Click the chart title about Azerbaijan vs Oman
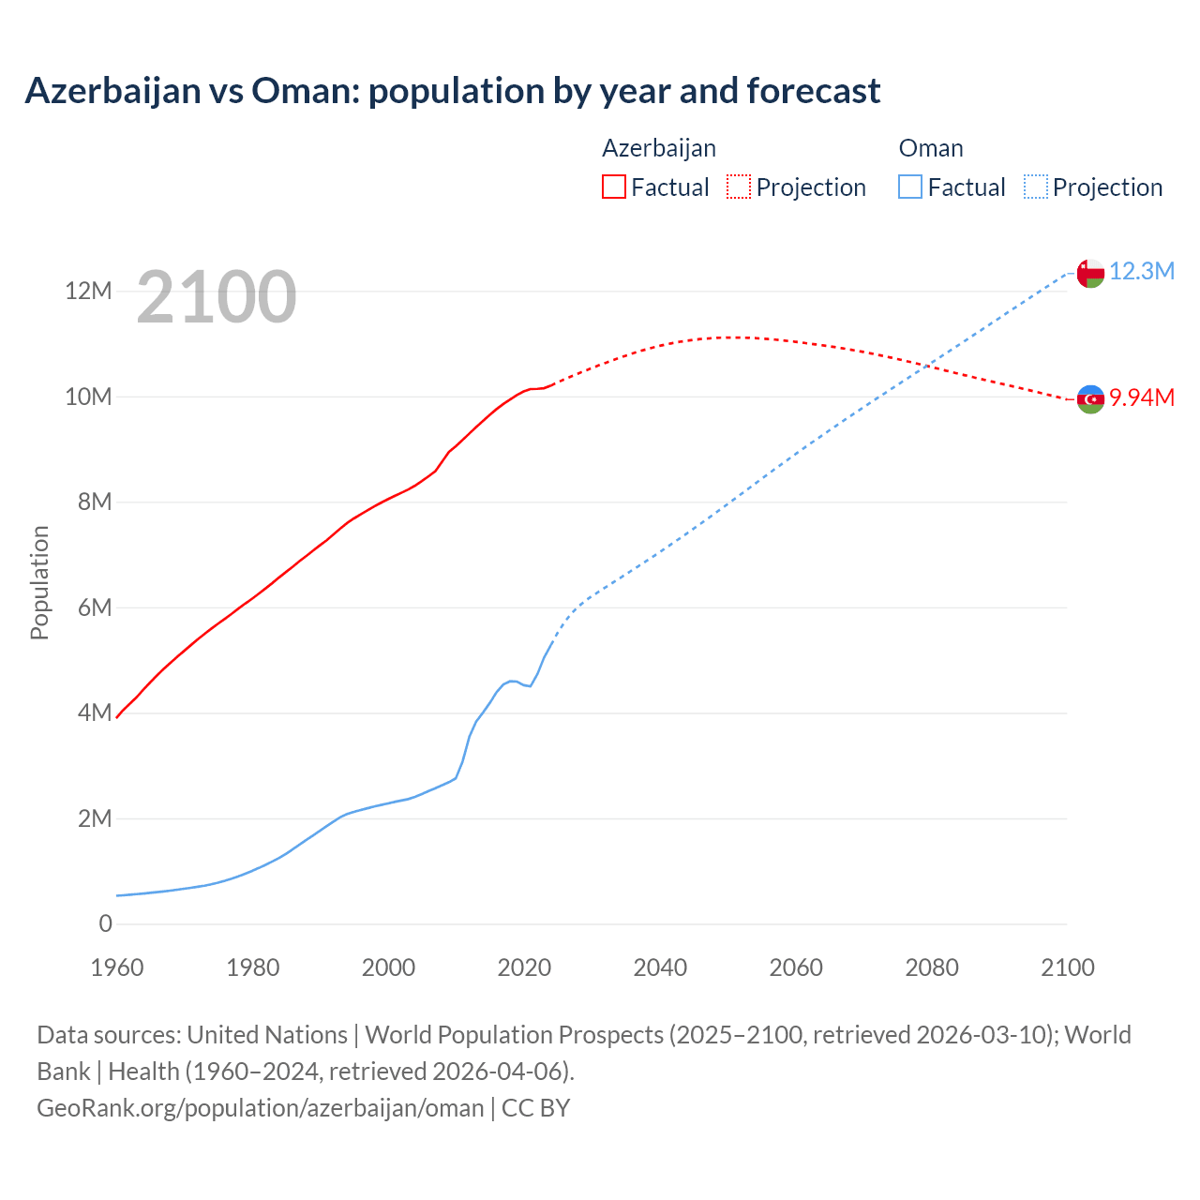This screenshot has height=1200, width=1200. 452,91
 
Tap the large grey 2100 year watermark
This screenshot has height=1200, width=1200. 217,297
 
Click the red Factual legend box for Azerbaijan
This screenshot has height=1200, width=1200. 613,187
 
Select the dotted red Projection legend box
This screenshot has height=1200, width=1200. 739,187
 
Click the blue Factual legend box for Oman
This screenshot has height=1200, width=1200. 909,187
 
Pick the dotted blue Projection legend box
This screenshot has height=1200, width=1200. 1036,187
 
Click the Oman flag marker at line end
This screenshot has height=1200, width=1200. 1089,273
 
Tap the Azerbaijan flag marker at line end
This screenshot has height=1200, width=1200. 1089,399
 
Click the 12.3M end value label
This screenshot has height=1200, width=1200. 1141,272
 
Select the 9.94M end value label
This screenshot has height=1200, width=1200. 1142,398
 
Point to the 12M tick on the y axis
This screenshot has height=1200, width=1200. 88,292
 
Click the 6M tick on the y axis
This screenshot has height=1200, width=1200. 95,607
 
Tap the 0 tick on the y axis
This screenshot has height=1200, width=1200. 105,924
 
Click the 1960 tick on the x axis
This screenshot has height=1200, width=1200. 117,967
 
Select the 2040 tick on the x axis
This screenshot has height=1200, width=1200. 660,967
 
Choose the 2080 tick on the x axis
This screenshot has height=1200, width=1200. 932,967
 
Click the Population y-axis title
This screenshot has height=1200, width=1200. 39,582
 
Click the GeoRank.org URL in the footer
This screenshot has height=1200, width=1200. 260,1108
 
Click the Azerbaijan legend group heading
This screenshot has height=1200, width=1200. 658,148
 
